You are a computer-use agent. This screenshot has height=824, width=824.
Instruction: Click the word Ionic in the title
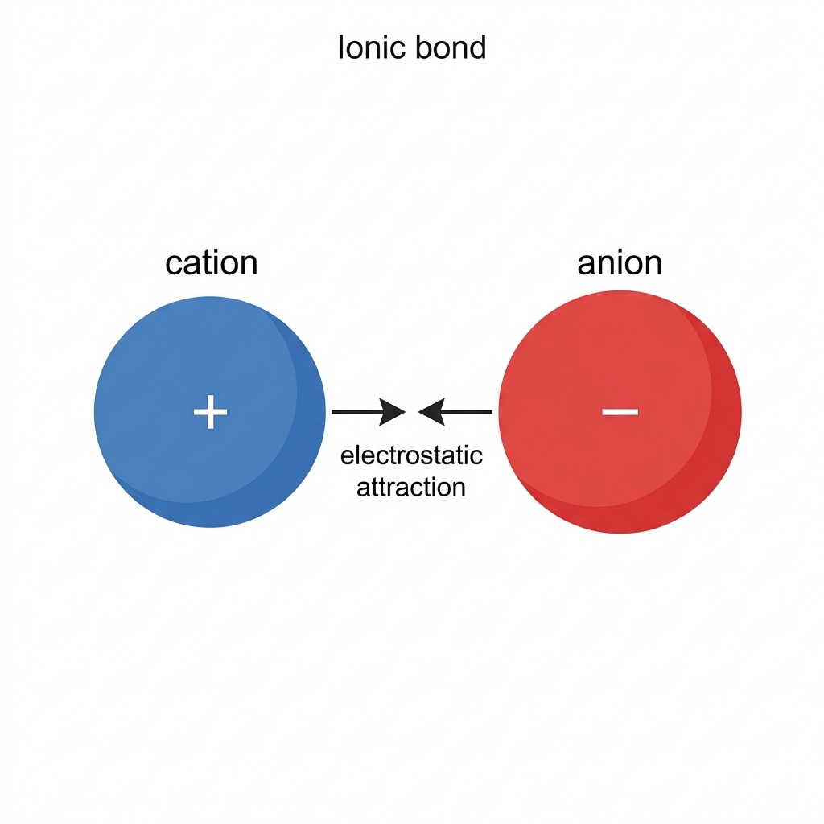(x=371, y=47)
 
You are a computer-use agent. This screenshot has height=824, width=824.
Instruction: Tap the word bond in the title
(x=451, y=47)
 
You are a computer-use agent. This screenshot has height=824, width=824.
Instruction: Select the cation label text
(x=212, y=262)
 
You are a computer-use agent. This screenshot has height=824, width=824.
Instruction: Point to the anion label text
(x=620, y=262)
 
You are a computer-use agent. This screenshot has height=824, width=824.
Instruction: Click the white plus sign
(x=210, y=411)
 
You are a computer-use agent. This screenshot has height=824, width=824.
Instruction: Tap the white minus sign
(x=620, y=411)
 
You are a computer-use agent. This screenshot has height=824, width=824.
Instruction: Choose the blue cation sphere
(x=210, y=411)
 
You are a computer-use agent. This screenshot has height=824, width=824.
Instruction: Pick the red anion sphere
(x=620, y=411)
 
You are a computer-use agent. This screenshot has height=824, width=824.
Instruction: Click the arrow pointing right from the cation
(x=369, y=411)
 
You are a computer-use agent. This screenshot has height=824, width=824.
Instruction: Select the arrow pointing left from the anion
(x=455, y=411)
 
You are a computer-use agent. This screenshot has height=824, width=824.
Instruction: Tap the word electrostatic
(x=411, y=455)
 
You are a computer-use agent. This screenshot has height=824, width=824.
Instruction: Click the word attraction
(x=411, y=487)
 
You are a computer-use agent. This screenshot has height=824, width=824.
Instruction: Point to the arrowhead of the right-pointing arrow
(x=393, y=411)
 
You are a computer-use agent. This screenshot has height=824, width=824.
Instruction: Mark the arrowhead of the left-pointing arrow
(x=431, y=411)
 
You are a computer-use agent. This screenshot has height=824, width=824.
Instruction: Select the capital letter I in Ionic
(x=341, y=47)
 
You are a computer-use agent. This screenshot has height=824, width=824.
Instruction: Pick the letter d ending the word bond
(x=477, y=47)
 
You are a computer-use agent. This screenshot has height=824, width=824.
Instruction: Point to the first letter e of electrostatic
(x=348, y=457)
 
